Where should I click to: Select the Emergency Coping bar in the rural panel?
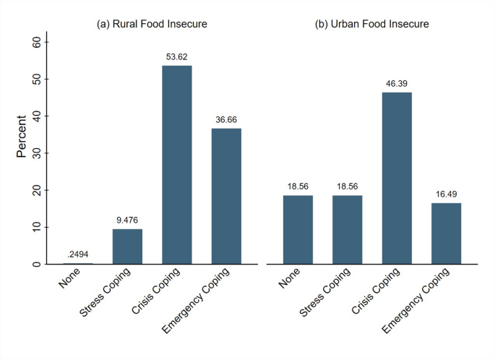(x=226, y=196)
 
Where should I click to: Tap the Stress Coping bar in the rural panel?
(x=127, y=247)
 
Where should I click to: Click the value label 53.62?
(x=176, y=54)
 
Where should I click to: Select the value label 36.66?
(x=226, y=117)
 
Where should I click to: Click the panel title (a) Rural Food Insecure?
(x=152, y=24)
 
